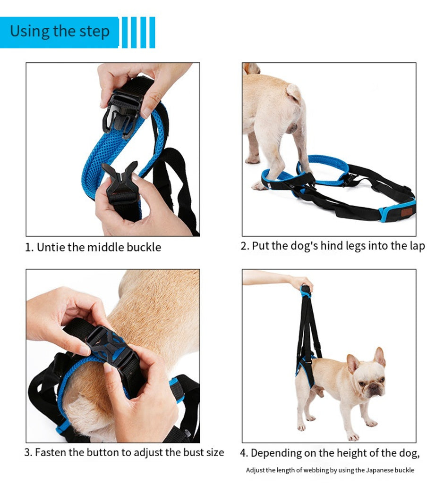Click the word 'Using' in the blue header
point(30,32)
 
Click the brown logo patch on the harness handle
point(406,212)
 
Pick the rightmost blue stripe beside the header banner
point(152,33)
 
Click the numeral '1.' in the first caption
point(29,247)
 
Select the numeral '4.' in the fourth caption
point(244,453)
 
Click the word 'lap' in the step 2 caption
point(418,246)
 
